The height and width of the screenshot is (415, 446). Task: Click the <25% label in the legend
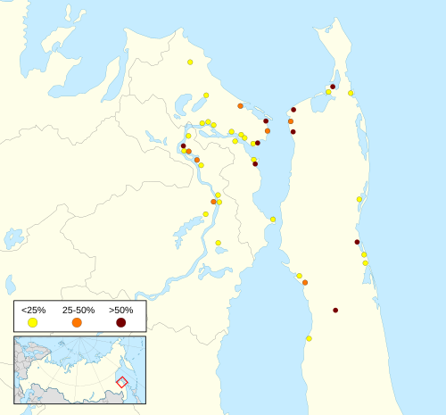pyautogui.click(x=33, y=309)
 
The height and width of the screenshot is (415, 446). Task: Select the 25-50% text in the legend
pyautogui.click(x=77, y=309)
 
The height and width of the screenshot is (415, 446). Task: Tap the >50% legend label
pyautogui.click(x=120, y=309)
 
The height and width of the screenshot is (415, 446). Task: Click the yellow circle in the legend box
pyautogui.click(x=33, y=321)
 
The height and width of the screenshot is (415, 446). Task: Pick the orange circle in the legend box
pyautogui.click(x=77, y=321)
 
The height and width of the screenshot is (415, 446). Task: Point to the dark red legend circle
pyautogui.click(x=120, y=321)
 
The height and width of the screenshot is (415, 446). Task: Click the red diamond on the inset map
pyautogui.click(x=122, y=382)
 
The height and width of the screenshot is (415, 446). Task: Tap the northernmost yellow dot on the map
pyautogui.click(x=190, y=62)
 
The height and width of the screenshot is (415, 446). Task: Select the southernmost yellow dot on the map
pyautogui.click(x=309, y=338)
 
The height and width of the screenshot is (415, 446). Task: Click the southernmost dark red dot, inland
pyautogui.click(x=335, y=310)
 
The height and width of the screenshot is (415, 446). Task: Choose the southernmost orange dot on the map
pyautogui.click(x=305, y=282)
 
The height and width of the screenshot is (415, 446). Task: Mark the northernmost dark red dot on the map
pyautogui.click(x=333, y=87)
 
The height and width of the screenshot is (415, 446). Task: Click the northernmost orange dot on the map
pyautogui.click(x=240, y=105)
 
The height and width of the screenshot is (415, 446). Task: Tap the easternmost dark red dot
pyautogui.click(x=357, y=242)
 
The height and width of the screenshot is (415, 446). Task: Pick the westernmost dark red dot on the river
pyautogui.click(x=183, y=145)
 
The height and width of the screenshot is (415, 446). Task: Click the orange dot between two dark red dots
pyautogui.click(x=291, y=120)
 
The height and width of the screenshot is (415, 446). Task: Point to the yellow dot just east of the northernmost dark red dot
pyautogui.click(x=351, y=93)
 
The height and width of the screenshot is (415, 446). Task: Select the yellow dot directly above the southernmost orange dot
pyautogui.click(x=299, y=276)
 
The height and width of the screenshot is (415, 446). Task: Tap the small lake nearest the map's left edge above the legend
pyautogui.click(x=10, y=284)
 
